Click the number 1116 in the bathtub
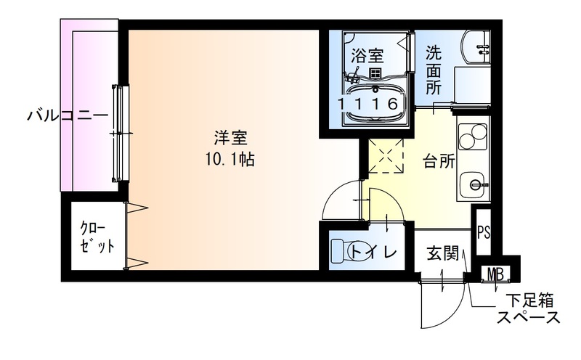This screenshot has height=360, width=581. [x=369, y=104]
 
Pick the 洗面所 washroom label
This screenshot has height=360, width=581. [x=434, y=70]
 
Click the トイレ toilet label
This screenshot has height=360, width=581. [x=373, y=253]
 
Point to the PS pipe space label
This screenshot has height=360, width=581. [x=484, y=233]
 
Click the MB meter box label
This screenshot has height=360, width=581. [x=496, y=274]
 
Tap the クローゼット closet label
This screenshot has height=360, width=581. [x=97, y=239]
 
